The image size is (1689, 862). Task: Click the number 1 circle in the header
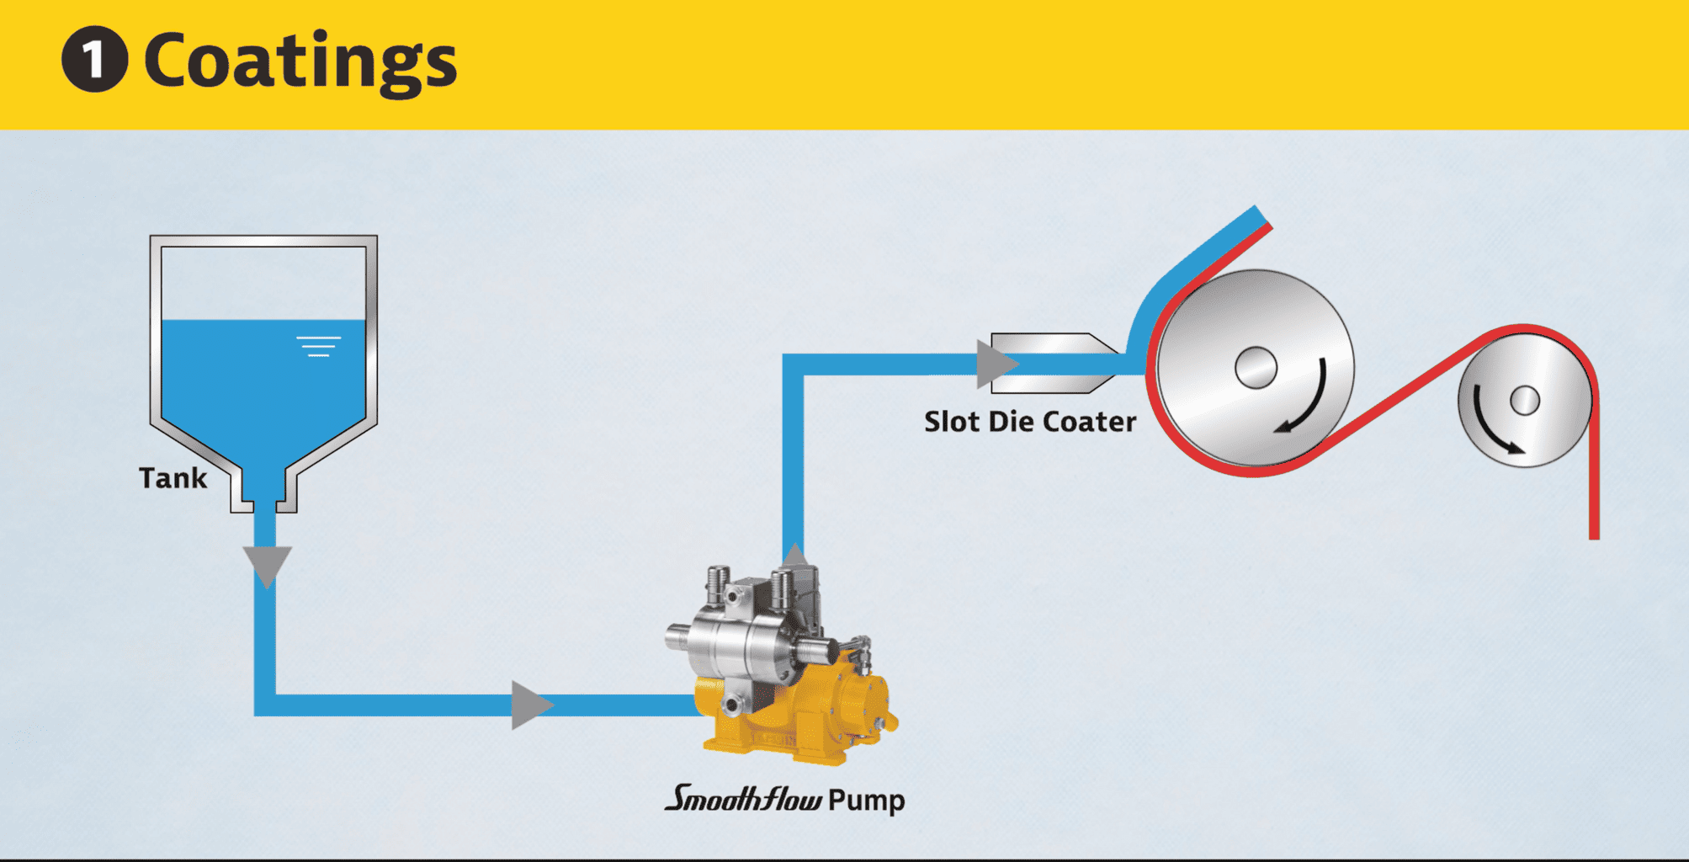pyautogui.click(x=94, y=59)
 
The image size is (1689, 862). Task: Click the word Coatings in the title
pyautogui.click(x=300, y=61)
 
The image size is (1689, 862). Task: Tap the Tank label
pyautogui.click(x=173, y=478)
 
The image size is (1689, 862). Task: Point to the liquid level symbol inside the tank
pyautogui.click(x=318, y=346)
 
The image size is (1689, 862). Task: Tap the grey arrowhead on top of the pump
pyautogui.click(x=794, y=556)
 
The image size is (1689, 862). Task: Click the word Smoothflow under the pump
pyautogui.click(x=743, y=798)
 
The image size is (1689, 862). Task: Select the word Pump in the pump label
pyautogui.click(x=866, y=800)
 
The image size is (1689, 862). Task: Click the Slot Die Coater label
pyautogui.click(x=1030, y=421)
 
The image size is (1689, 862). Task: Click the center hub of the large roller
pyautogui.click(x=1256, y=368)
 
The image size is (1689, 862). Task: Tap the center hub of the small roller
pyautogui.click(x=1524, y=400)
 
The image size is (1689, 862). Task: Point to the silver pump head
pyautogui.click(x=741, y=640)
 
